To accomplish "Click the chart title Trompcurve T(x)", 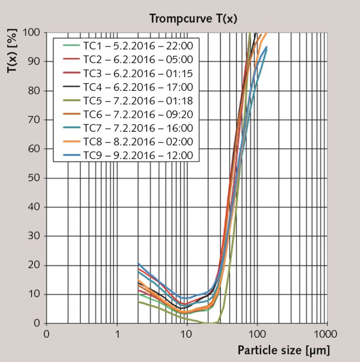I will tap(193, 18).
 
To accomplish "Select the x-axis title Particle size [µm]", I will tap(283, 350).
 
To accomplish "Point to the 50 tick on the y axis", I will tap(36, 178).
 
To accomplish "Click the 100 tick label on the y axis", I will tap(33, 33).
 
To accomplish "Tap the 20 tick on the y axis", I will tap(36, 265).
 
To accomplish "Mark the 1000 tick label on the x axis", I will tap(326, 335).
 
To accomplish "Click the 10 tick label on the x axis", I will tap(186, 335).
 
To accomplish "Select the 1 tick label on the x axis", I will tap(117, 335).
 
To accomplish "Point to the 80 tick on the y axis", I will tap(36, 91).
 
